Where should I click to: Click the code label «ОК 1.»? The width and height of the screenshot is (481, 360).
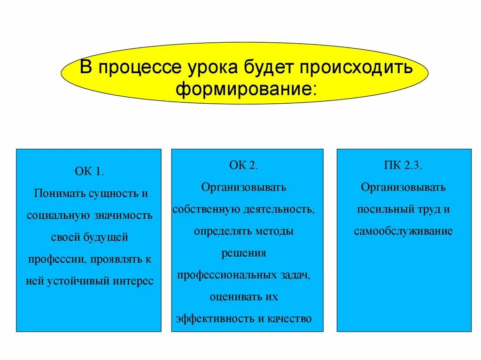89,171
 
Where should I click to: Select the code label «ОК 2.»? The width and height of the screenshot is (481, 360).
244,165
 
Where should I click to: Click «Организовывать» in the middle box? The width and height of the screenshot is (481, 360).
244,187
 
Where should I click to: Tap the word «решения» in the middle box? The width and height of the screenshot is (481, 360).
244,253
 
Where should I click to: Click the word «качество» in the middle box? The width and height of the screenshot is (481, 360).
291,319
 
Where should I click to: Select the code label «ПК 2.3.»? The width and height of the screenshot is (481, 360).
403,165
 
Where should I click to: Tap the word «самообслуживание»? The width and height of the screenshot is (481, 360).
403,231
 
